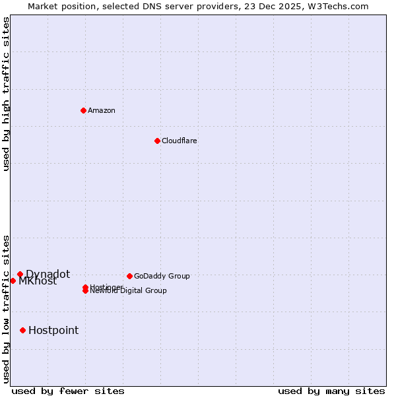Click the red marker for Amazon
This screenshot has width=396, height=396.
click(x=83, y=110)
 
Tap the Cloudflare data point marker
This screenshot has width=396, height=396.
click(x=157, y=141)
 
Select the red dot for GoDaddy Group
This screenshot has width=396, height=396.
click(x=129, y=276)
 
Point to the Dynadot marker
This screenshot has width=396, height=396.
click(x=20, y=274)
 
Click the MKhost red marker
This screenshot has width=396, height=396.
click(x=13, y=280)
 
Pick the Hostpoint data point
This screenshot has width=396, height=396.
click(x=22, y=330)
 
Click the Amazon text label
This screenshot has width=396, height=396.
click(x=102, y=110)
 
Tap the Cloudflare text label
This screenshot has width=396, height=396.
click(x=179, y=141)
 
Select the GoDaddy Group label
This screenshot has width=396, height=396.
click(x=162, y=276)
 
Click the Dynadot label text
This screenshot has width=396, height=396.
click(x=48, y=274)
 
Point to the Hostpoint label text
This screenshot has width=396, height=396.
click(x=53, y=330)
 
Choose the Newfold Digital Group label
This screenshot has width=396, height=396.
click(x=129, y=291)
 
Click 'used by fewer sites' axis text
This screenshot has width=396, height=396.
click(x=68, y=391)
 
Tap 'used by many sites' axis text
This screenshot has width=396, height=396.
click(x=331, y=391)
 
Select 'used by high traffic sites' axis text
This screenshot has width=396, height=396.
click(x=6, y=94)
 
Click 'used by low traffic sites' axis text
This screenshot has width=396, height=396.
click(x=6, y=308)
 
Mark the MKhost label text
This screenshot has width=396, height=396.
click(x=38, y=281)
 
